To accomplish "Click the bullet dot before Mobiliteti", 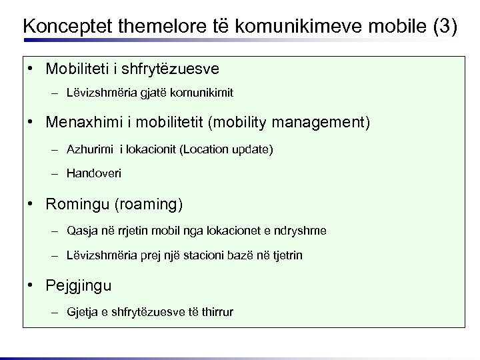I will coord(31,69).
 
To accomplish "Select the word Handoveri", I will coord(94,173).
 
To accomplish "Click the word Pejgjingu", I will coord(79,285).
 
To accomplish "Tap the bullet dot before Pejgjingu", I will coord(31,285).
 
